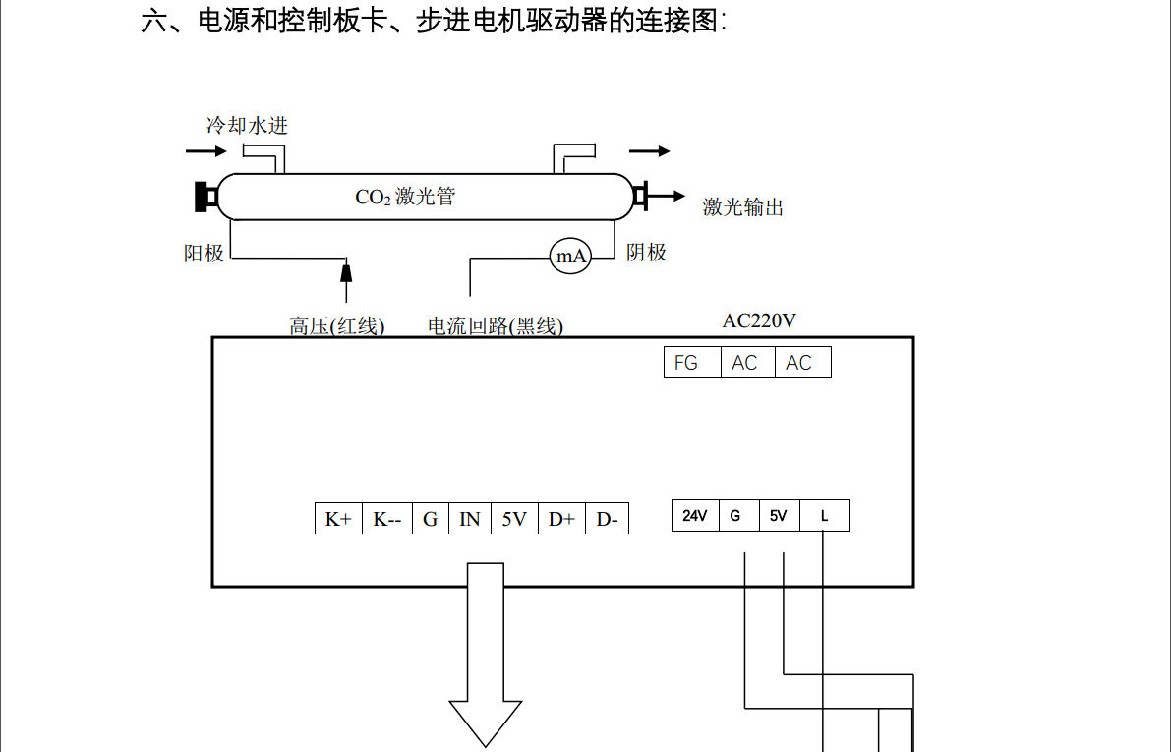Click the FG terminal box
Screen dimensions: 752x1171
(686, 363)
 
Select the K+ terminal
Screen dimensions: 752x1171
(338, 519)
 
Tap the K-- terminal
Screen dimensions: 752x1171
(386, 519)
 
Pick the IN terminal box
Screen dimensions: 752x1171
(470, 519)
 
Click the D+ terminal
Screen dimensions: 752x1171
(561, 519)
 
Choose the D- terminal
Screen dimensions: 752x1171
(607, 519)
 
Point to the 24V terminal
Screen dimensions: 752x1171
(695, 516)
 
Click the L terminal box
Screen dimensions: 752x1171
(824, 516)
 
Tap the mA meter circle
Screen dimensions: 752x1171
(571, 257)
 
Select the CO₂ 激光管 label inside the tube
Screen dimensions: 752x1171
(405, 197)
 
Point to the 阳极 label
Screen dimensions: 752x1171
(205, 254)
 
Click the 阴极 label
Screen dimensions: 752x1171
(647, 253)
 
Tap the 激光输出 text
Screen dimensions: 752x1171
(743, 206)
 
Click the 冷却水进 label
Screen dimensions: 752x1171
(247, 126)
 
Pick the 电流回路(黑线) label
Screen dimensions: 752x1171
(496, 326)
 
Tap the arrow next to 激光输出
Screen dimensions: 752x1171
(668, 196)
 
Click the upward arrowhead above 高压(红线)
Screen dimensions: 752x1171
(345, 269)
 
